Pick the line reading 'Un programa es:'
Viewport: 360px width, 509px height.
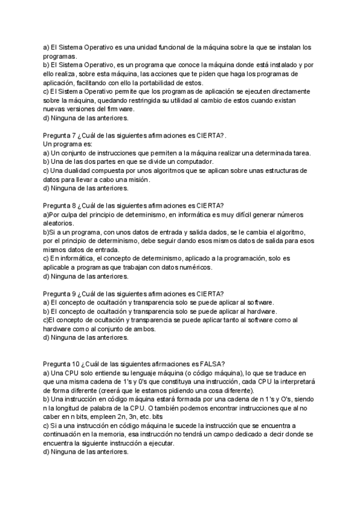click(68, 145)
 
